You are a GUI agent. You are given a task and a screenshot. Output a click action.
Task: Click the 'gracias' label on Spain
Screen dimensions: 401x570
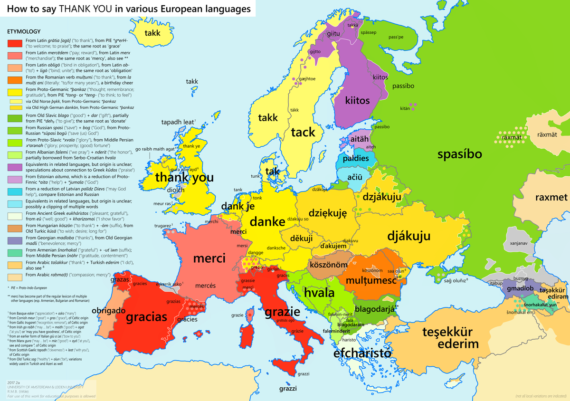pos(146,317)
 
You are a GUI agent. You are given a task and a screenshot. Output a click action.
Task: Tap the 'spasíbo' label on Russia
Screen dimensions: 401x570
pos(459,154)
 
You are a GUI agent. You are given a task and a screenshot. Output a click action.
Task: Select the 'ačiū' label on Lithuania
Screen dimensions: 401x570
pos(355,177)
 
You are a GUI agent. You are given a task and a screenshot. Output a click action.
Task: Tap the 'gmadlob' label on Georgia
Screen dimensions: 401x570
pos(520,289)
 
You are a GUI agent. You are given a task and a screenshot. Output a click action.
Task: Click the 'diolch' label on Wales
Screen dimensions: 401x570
pos(176,190)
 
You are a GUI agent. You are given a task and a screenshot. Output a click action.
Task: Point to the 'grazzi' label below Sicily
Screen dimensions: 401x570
pos(288,388)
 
